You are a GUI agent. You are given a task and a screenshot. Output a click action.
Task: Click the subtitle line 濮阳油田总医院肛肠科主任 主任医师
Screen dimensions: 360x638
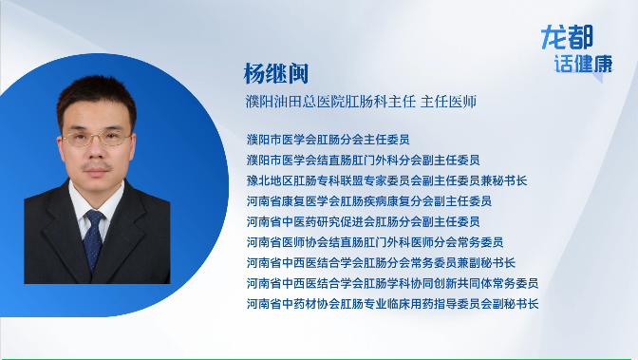pyautogui.click(x=360, y=101)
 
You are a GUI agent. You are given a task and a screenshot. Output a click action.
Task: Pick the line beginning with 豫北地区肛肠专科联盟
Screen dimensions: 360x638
pyautogui.click(x=386, y=180)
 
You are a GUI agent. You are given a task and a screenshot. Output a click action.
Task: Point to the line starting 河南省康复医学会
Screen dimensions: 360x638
pyautogui.click(x=368, y=201)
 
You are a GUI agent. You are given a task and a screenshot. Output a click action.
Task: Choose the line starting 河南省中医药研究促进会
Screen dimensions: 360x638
pyautogui.click(x=368, y=221)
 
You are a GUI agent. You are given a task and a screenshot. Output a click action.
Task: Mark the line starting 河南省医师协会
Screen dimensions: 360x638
pyautogui.click(x=374, y=242)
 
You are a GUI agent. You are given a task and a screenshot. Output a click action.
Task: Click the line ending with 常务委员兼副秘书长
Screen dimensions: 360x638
pyautogui.click(x=381, y=262)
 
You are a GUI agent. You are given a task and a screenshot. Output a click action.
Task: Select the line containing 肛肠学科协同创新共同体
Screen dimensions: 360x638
pyautogui.click(x=392, y=283)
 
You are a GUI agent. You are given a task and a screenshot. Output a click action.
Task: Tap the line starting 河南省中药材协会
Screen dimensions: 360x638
pyautogui.click(x=392, y=304)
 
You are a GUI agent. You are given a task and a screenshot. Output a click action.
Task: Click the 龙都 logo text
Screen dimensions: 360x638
pyautogui.click(x=567, y=39)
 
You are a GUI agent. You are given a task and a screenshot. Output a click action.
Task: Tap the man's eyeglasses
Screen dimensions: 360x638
pyautogui.click(x=97, y=139)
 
